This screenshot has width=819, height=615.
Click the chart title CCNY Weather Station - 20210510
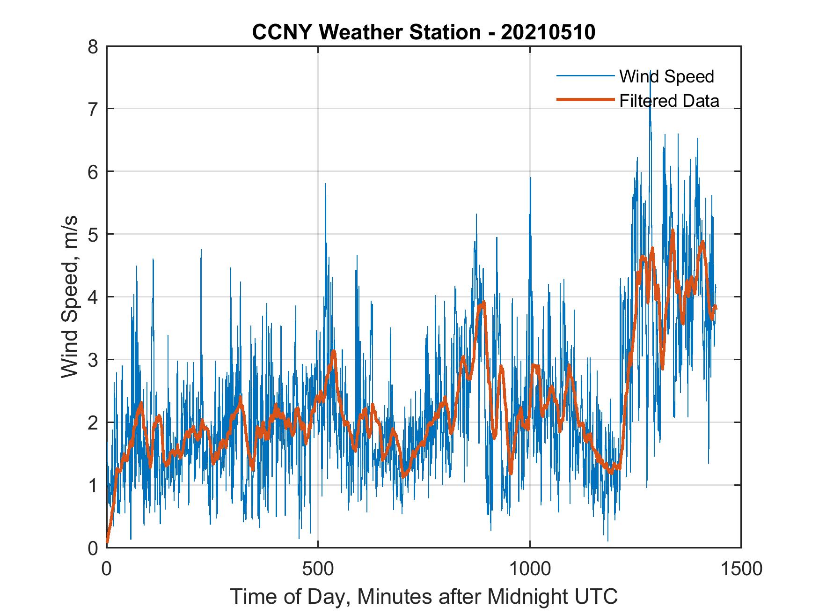point(424,32)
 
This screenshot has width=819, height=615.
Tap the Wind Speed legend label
point(666,76)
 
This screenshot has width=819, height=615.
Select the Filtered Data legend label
point(669,101)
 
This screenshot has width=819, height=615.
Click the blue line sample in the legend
point(585,76)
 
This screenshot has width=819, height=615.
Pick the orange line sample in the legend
point(585,100)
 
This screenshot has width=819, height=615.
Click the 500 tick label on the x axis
point(318,568)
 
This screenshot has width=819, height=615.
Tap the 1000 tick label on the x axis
point(529,568)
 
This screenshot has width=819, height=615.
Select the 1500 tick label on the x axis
point(741,568)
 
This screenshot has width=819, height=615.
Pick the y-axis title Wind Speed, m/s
point(70,297)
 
